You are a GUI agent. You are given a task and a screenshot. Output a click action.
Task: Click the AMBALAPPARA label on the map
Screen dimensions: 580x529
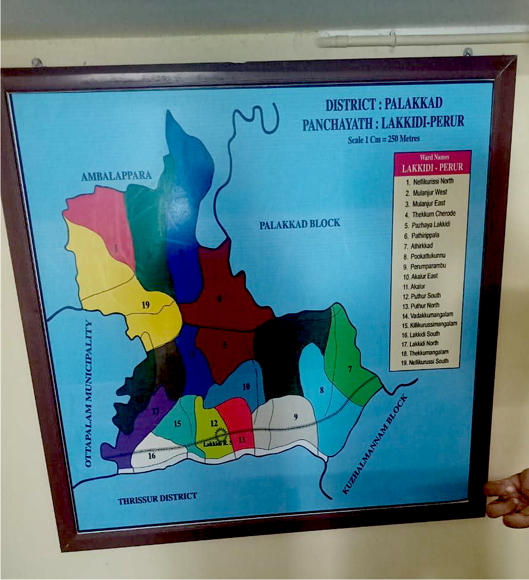click(116, 176)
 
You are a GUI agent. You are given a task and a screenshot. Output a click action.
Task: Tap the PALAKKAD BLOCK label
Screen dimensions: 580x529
click(300, 224)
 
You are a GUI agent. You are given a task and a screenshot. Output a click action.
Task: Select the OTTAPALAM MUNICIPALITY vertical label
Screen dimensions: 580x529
click(88, 394)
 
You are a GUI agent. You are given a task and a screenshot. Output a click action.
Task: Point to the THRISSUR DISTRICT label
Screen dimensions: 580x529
click(158, 498)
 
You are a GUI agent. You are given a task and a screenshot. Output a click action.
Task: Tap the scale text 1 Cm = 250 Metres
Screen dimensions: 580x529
click(384, 139)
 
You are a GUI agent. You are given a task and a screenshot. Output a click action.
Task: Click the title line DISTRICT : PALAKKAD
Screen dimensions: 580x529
click(384, 104)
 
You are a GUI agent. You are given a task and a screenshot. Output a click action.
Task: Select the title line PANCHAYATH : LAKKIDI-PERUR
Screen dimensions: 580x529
click(383, 123)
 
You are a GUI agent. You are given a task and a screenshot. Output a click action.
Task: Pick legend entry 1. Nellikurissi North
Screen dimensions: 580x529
click(430, 181)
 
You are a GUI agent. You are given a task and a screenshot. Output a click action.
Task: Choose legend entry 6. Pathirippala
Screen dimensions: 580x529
click(422, 236)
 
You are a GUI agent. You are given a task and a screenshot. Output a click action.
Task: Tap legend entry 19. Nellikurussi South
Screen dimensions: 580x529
click(425, 362)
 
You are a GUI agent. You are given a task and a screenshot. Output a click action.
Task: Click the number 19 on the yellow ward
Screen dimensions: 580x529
click(146, 305)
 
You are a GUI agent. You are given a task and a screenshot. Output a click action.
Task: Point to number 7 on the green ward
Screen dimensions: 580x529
click(350, 369)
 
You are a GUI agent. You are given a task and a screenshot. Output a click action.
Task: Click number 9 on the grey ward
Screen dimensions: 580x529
click(296, 416)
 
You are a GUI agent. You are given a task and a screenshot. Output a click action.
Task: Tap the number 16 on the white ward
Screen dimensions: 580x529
click(151, 456)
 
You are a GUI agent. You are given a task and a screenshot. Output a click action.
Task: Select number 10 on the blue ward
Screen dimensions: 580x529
click(246, 387)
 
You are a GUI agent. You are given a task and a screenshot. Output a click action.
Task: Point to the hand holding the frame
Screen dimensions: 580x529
click(509, 500)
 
